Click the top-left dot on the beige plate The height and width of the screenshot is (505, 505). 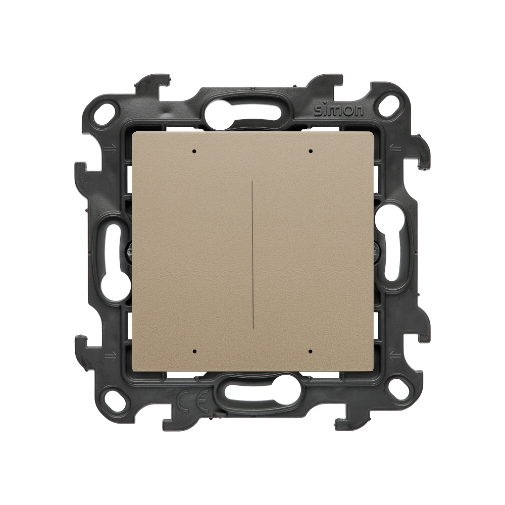(194, 150)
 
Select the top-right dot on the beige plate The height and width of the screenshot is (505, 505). (311, 150)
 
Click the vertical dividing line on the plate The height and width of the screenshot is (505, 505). (251, 250)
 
